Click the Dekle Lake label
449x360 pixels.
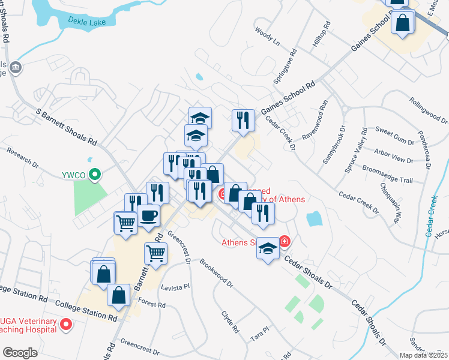[x=89, y=23]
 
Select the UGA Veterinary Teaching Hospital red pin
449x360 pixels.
[x=66, y=326]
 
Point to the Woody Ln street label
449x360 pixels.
[x=267, y=36]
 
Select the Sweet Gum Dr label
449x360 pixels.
[x=394, y=136]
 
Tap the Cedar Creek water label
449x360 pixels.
[x=433, y=216]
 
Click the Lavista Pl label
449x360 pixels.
[x=175, y=287]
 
